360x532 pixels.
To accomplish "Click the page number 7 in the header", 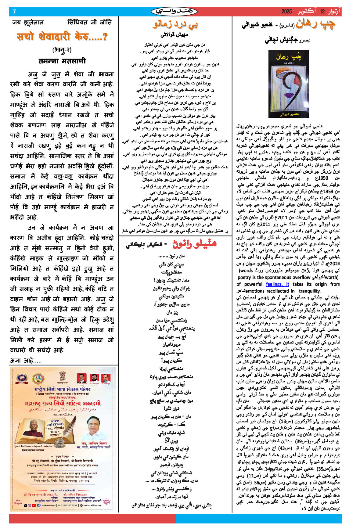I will point(14,12).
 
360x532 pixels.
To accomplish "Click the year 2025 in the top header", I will point(286,12).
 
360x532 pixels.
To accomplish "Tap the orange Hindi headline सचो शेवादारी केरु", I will point(62,37).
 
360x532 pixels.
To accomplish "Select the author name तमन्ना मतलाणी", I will point(62,61).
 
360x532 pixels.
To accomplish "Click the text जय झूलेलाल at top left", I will point(28,22).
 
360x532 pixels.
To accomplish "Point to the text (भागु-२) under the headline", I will point(62,49).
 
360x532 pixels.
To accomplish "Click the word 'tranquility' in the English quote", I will point(309,291).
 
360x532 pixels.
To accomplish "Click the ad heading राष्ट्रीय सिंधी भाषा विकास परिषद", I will point(63,389).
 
